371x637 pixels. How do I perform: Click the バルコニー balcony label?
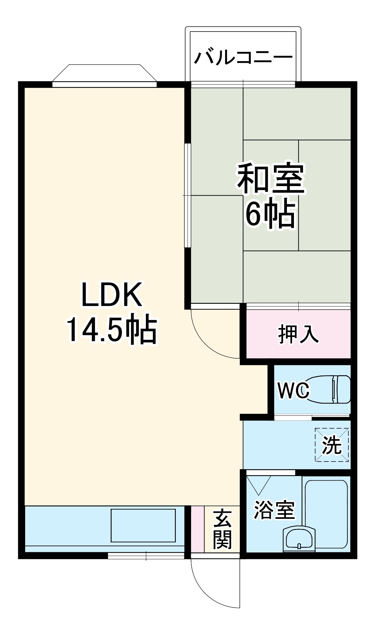(x=243, y=58)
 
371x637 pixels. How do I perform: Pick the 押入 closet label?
(x=298, y=334)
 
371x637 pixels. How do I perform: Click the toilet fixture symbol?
(x=331, y=389)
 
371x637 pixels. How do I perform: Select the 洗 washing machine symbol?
(x=332, y=445)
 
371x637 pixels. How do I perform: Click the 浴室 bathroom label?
(x=274, y=510)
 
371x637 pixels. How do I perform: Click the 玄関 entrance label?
(x=222, y=529)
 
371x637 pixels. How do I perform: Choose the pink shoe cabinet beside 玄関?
(x=197, y=529)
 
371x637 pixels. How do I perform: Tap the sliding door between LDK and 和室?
(x=188, y=195)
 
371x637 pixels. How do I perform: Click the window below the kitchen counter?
(x=146, y=556)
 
